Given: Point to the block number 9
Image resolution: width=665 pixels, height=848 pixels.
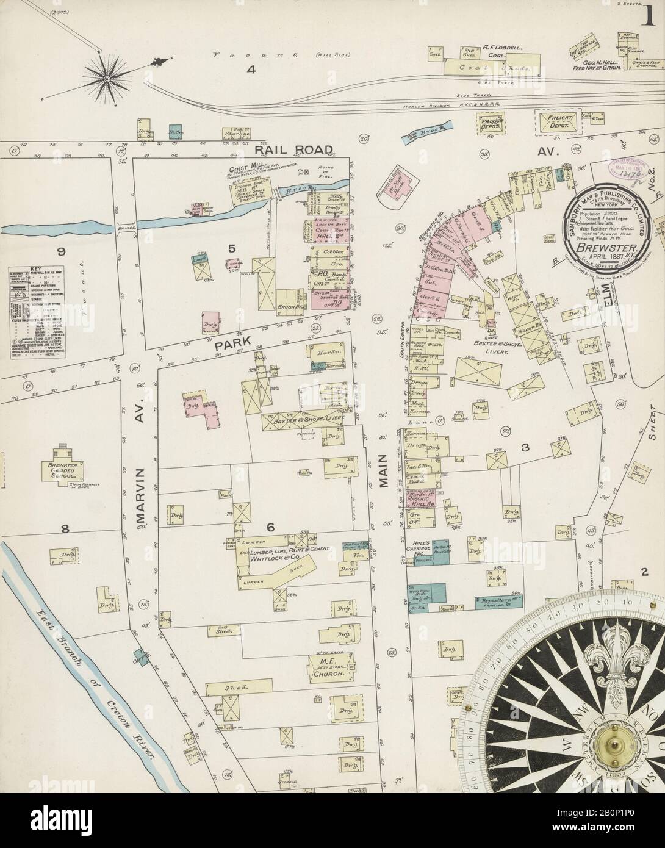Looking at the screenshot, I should coord(61,251).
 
